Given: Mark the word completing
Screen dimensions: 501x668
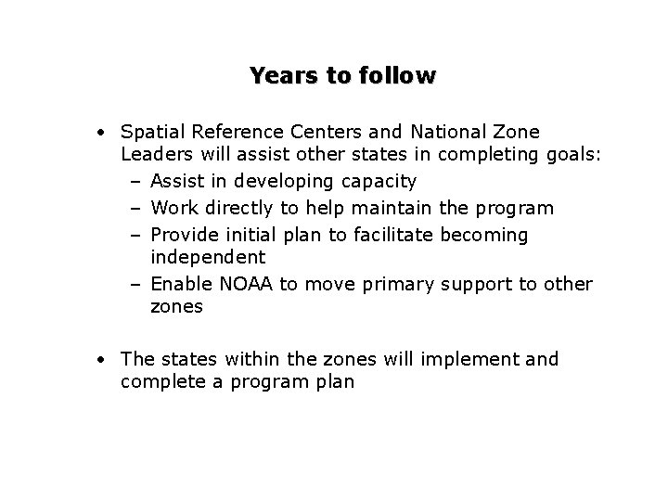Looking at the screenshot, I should tap(478, 155).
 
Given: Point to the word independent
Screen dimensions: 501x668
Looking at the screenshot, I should tap(208, 256).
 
